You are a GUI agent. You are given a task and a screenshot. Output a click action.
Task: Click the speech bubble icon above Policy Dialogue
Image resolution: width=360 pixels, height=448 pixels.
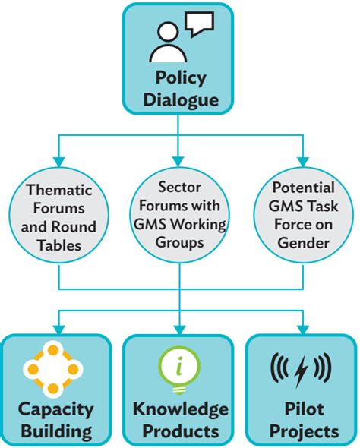(x=199, y=24)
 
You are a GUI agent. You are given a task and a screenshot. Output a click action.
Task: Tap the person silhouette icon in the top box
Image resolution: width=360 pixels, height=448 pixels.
(x=166, y=41)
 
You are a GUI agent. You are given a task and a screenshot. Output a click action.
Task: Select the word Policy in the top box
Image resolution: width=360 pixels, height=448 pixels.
(x=180, y=78)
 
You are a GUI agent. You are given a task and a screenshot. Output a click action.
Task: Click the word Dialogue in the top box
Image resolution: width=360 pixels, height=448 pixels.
(x=180, y=99)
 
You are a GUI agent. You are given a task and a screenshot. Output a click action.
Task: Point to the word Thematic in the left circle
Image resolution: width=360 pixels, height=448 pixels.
(x=62, y=191)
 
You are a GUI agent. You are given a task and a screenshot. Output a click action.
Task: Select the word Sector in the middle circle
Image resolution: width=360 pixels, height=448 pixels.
(x=179, y=186)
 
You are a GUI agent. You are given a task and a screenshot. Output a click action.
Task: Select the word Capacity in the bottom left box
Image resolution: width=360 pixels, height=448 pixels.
(x=58, y=409)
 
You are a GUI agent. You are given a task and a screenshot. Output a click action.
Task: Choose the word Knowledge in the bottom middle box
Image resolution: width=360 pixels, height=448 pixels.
(x=180, y=409)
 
